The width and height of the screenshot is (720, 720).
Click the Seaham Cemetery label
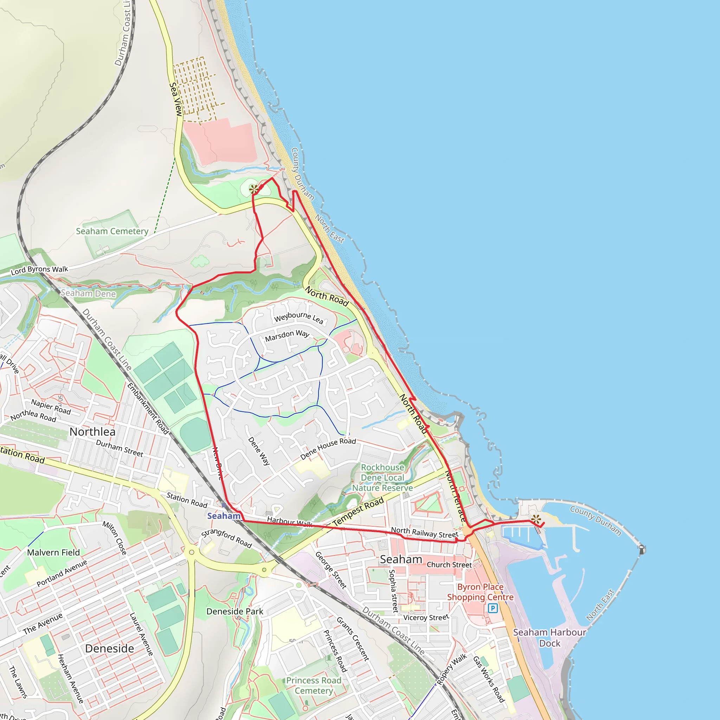[x=112, y=231]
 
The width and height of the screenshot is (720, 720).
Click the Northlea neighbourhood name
[x=92, y=432]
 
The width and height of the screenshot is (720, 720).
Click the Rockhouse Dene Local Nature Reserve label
[x=382, y=478]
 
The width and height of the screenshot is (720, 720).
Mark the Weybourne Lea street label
[x=298, y=317]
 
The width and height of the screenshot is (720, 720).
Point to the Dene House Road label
[x=328, y=449]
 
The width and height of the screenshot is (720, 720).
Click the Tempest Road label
[x=358, y=512]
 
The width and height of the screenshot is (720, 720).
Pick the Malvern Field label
[x=54, y=553]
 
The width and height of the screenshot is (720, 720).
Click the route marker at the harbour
[x=536, y=519]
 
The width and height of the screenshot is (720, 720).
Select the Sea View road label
[x=175, y=99]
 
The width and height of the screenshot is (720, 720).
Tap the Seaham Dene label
[x=88, y=293]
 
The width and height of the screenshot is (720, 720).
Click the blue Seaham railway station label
[x=224, y=516]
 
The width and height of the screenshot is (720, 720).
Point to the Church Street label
[x=449, y=565]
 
